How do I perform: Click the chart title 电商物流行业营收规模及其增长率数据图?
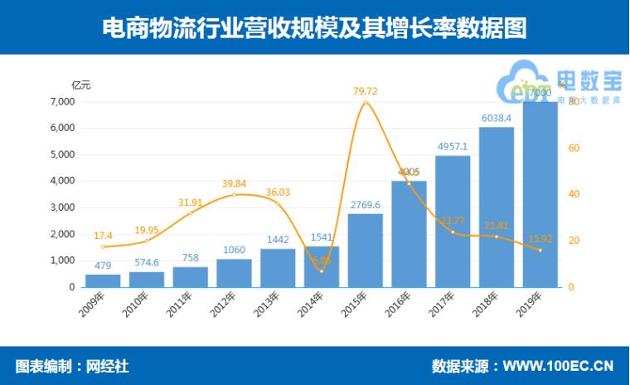(314, 27)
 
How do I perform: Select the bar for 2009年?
(103, 280)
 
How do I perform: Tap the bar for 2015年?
(365, 251)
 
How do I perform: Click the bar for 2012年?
(234, 273)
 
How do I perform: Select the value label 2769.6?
(365, 204)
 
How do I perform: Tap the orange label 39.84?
(234, 183)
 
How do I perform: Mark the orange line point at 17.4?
(103, 246)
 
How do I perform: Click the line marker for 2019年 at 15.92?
(540, 250)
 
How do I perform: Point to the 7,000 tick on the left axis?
(62, 102)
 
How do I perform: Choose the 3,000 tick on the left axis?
(62, 207)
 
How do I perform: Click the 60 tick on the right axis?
(573, 148)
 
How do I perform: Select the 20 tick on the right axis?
(573, 241)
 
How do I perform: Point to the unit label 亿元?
(81, 85)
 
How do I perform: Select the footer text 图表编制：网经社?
(72, 366)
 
